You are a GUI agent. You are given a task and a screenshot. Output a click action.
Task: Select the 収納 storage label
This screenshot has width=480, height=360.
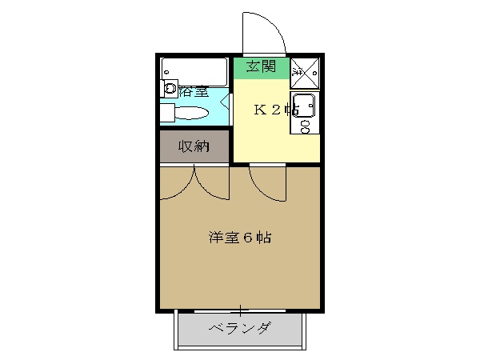pos(193,146)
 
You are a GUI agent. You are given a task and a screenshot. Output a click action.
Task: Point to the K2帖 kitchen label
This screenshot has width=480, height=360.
pos(276,110)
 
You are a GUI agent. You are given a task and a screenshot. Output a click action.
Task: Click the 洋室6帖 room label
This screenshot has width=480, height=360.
pos(239,238)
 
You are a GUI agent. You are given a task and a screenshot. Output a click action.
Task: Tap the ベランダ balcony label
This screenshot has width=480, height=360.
pos(239,328)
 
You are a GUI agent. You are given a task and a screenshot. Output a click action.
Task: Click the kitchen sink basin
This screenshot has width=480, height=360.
pos(305,106)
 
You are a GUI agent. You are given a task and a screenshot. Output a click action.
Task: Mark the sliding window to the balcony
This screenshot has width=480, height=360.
pos(240,310)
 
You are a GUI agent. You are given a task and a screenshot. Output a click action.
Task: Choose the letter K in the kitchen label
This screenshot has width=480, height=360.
pos(260,110)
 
